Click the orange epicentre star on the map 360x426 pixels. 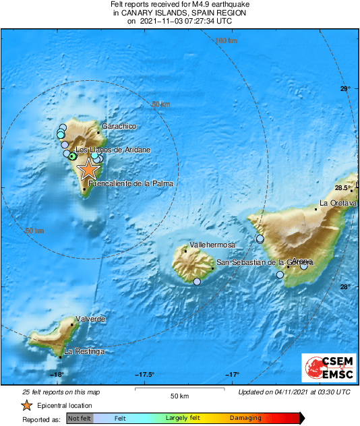click(88, 169)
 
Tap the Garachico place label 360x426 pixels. click(119, 127)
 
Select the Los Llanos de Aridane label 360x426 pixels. click(113, 150)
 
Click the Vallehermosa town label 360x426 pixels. click(212, 245)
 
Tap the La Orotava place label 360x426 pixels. click(338, 203)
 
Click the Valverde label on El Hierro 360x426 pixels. click(90, 318)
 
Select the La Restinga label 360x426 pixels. click(84, 351)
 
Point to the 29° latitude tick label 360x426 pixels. click(345, 89)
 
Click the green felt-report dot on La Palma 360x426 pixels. click(73, 156)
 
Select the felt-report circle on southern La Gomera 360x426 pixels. click(197, 282)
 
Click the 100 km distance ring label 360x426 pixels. click(226, 41)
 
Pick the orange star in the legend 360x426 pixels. click(26, 405)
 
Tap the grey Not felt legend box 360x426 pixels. click(79, 419)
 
